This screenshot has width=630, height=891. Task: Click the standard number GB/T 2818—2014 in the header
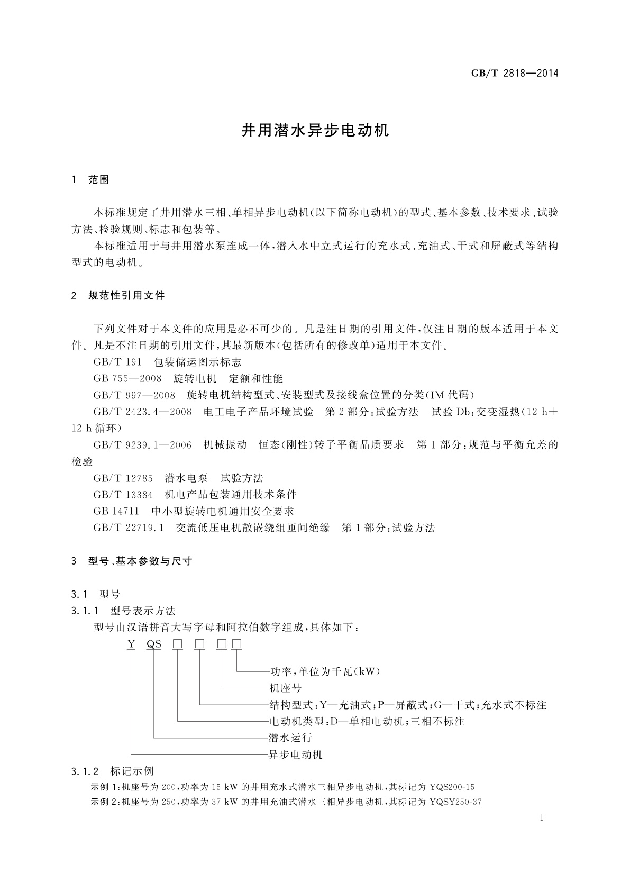coord(514,73)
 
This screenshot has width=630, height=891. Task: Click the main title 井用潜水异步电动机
coord(315,131)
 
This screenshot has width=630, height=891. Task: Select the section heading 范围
coord(98,180)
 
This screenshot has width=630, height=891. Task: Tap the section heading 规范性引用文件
coord(126,296)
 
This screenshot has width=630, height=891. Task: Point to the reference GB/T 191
coord(117,362)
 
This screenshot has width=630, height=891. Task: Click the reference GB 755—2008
coord(127,379)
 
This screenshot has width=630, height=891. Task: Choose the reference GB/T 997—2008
coord(134,395)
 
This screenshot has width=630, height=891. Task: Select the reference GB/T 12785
coord(123,478)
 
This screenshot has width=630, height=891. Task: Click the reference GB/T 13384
coord(123,495)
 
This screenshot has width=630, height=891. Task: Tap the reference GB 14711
coord(116,511)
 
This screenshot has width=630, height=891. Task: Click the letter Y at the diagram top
coord(131,644)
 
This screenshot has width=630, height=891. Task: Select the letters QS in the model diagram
coord(154,644)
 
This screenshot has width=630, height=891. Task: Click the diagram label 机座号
coord(286,688)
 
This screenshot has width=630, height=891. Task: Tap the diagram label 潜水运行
coord(290,738)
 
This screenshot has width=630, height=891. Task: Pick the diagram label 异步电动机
coord(296,754)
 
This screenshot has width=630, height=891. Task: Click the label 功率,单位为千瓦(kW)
coord(325,672)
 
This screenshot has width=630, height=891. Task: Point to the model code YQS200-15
coord(452,787)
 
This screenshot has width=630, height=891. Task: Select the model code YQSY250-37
coord(456,802)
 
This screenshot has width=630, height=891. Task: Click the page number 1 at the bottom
coord(542,819)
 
